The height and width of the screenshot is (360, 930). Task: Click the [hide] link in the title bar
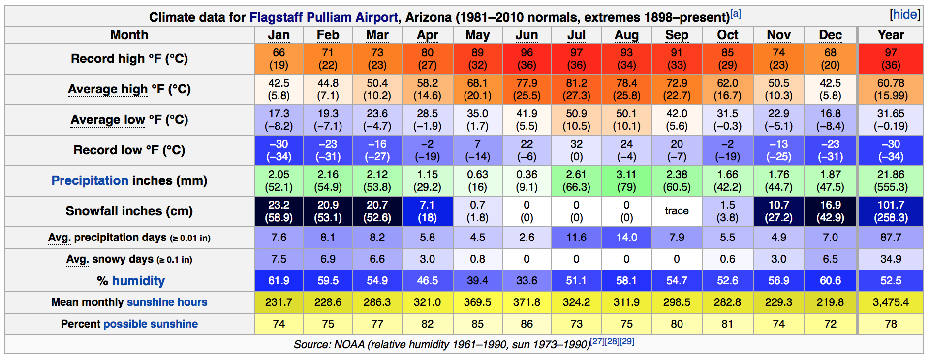click(x=904, y=15)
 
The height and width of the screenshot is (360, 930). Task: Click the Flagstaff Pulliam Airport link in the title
click(x=323, y=17)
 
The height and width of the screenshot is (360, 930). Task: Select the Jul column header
click(x=576, y=35)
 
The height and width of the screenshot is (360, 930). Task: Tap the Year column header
click(x=891, y=35)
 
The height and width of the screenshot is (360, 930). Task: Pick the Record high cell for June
click(x=527, y=59)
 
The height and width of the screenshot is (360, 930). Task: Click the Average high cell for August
click(x=626, y=90)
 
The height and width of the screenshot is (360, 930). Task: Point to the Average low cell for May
click(x=477, y=120)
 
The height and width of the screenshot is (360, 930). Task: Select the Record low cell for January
click(x=279, y=150)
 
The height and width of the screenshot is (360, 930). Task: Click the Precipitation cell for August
click(x=626, y=181)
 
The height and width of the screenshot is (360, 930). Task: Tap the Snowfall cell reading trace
click(x=677, y=211)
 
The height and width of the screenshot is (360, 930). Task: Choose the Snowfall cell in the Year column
click(x=891, y=211)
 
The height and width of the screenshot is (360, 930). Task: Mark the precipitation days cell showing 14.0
click(x=626, y=238)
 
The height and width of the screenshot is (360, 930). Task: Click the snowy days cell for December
click(x=830, y=259)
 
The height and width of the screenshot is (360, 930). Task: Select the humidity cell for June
click(x=527, y=281)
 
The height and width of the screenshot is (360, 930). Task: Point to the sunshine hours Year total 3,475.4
click(x=891, y=302)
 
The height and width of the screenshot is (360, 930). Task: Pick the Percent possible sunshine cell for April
click(x=427, y=324)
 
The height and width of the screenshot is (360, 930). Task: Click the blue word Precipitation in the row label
click(x=90, y=180)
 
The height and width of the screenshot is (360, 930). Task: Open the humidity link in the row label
click(x=138, y=281)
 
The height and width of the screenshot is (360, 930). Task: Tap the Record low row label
click(x=129, y=150)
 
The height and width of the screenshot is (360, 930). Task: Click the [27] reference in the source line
click(x=597, y=341)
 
